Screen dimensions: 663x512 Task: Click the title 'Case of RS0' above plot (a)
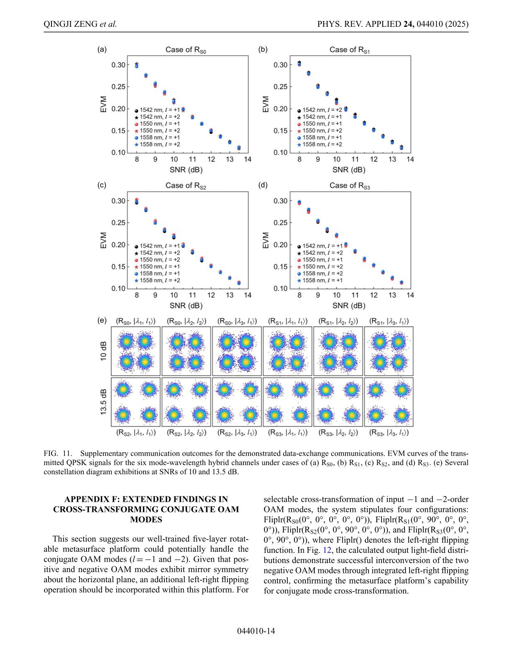pyautogui.click(x=186, y=50)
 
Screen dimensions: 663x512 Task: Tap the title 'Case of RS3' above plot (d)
pyautogui.click(x=350, y=185)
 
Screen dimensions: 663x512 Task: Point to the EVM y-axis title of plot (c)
pyautogui.click(x=103, y=241)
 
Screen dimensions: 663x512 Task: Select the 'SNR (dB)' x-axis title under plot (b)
pyautogui.click(x=349, y=170)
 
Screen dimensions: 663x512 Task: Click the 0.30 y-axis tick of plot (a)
pyautogui.click(x=118, y=65)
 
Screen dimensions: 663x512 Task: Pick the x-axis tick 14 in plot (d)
pyautogui.click(x=410, y=295)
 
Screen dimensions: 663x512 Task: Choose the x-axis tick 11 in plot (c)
pyautogui.click(x=192, y=295)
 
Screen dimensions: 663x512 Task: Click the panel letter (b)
pyautogui.click(x=263, y=49)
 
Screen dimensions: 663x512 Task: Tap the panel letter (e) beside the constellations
pyautogui.click(x=102, y=320)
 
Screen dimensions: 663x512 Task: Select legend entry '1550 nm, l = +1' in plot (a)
pyautogui.click(x=157, y=124)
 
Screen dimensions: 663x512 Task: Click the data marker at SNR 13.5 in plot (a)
pyautogui.click(x=239, y=148)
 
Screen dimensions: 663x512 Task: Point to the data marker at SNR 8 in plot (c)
pyautogui.click(x=136, y=201)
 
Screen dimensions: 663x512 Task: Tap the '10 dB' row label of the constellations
pyautogui.click(x=103, y=351)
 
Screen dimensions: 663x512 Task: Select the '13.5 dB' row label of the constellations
pyautogui.click(x=103, y=402)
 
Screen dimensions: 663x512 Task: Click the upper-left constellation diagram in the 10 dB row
pyautogui.click(x=136, y=351)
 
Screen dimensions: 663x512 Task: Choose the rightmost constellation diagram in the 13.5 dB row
pyautogui.click(x=389, y=402)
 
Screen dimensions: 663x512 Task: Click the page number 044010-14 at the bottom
pyautogui.click(x=256, y=631)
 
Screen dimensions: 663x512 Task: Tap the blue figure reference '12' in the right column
pyautogui.click(x=327, y=550)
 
